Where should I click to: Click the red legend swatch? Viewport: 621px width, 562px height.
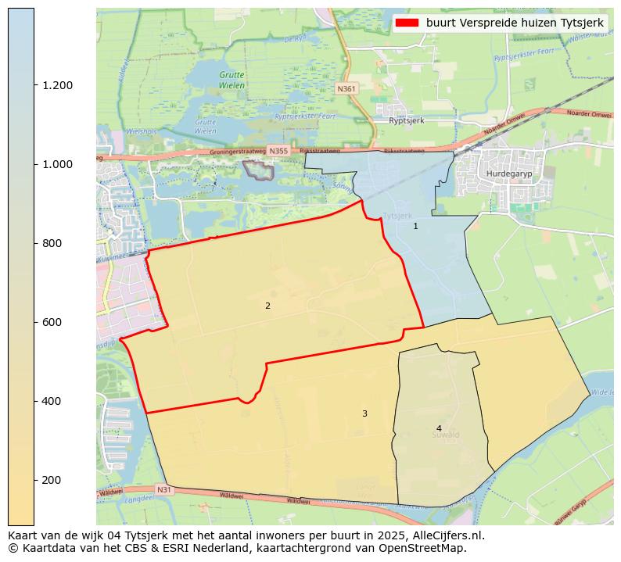407,23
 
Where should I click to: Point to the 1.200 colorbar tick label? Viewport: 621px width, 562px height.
57,85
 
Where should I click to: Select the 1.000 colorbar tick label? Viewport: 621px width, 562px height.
57,164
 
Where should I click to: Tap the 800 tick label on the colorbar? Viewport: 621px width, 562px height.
52,243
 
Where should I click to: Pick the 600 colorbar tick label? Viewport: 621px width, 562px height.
52,322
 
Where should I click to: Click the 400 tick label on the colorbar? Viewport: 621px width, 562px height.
52,401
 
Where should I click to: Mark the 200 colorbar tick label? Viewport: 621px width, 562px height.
52,480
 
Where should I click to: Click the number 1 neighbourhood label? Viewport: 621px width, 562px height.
415,226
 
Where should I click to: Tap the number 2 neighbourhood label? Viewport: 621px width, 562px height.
267,306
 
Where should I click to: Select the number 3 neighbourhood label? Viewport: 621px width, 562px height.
364,413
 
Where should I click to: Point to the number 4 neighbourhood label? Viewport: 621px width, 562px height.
439,428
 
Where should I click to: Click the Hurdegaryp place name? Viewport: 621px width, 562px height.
508,174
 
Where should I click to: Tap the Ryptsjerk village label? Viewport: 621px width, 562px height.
406,121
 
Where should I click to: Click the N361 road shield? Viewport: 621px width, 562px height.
346,89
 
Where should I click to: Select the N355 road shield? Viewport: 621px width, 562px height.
277,150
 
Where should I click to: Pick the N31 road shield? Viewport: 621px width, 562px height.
163,490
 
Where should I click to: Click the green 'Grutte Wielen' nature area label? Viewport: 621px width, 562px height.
232,80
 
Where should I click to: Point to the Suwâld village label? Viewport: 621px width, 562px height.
445,435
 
